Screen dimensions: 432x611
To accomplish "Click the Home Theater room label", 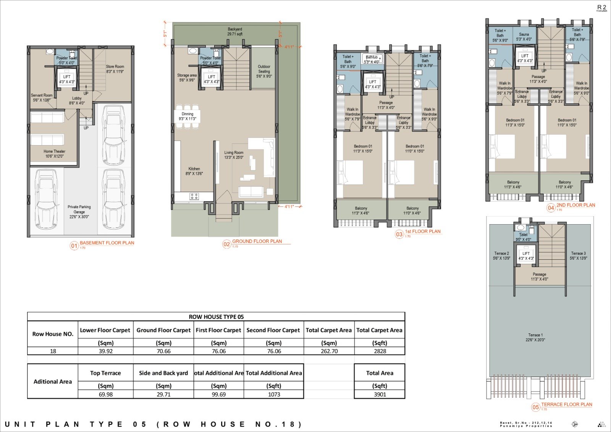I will (54, 154).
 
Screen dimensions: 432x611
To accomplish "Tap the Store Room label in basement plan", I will (115, 69).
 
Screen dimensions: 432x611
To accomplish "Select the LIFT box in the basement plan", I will (67, 79).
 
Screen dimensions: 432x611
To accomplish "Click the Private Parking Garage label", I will (79, 212).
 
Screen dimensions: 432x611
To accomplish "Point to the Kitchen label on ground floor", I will (194, 171).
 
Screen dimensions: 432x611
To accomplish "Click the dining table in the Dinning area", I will (187, 116).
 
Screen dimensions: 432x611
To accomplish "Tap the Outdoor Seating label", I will (264, 71).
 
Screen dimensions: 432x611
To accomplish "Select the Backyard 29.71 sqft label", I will (235, 31).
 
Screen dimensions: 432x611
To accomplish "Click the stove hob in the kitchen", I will (194, 196).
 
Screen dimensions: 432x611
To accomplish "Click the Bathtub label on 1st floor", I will (372, 59).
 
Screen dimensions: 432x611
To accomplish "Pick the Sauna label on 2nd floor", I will (524, 37).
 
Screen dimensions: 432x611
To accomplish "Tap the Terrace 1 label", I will (535, 337).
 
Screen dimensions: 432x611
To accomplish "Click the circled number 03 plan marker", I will (399, 234).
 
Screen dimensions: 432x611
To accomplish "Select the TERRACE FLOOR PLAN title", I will (566, 404).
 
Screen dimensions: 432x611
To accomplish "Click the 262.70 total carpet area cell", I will (329, 351).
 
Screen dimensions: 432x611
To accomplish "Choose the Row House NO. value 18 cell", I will (53, 351).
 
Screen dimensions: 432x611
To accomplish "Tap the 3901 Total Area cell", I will (380, 394).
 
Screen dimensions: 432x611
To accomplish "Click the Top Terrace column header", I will (105, 373).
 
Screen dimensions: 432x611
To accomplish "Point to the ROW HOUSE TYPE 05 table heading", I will (216, 317).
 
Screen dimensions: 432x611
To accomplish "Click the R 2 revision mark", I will (601, 7).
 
